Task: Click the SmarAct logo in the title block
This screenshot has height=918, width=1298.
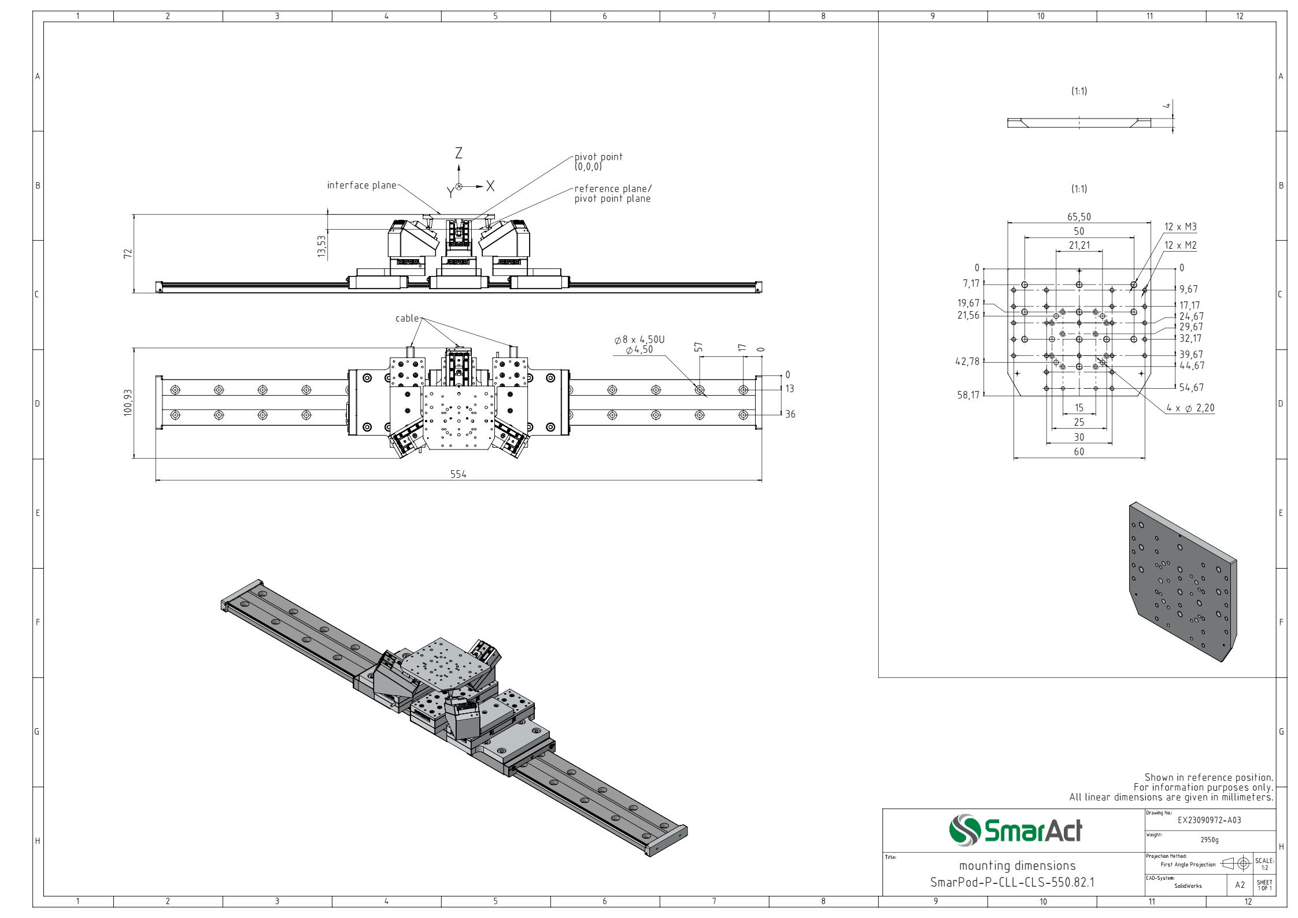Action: (x=1015, y=830)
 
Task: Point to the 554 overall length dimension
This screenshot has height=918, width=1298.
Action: (x=458, y=474)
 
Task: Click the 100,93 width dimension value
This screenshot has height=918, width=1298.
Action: (x=128, y=402)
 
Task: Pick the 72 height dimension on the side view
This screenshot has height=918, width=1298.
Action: (x=128, y=253)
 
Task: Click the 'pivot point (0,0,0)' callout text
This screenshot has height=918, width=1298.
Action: (x=598, y=161)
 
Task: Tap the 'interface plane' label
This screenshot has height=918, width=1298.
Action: (x=362, y=186)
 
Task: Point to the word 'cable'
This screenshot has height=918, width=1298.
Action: (x=407, y=318)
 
